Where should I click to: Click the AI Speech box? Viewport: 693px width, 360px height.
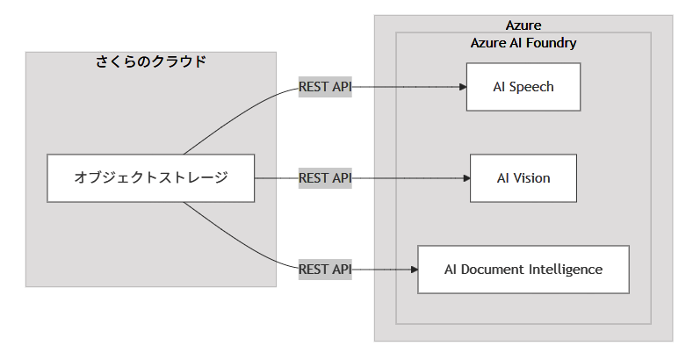[x=523, y=87]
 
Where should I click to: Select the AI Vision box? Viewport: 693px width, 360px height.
[x=523, y=177]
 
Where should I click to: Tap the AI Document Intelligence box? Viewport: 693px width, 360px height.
[x=523, y=269]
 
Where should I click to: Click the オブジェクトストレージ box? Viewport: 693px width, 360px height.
[x=150, y=178]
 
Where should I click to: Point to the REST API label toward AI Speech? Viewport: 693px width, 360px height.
[x=325, y=87]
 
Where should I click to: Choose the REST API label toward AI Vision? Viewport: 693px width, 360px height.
[x=325, y=177]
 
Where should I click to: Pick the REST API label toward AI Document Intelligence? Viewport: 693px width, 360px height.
[x=325, y=269]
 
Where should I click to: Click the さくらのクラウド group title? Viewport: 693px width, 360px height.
[x=150, y=61]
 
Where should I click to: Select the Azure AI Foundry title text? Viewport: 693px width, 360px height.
[x=523, y=42]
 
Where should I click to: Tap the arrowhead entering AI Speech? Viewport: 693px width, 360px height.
[x=462, y=87]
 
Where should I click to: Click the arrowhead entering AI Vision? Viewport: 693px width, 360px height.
[x=466, y=177]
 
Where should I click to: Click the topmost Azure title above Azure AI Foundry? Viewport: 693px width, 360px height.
[x=523, y=25]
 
